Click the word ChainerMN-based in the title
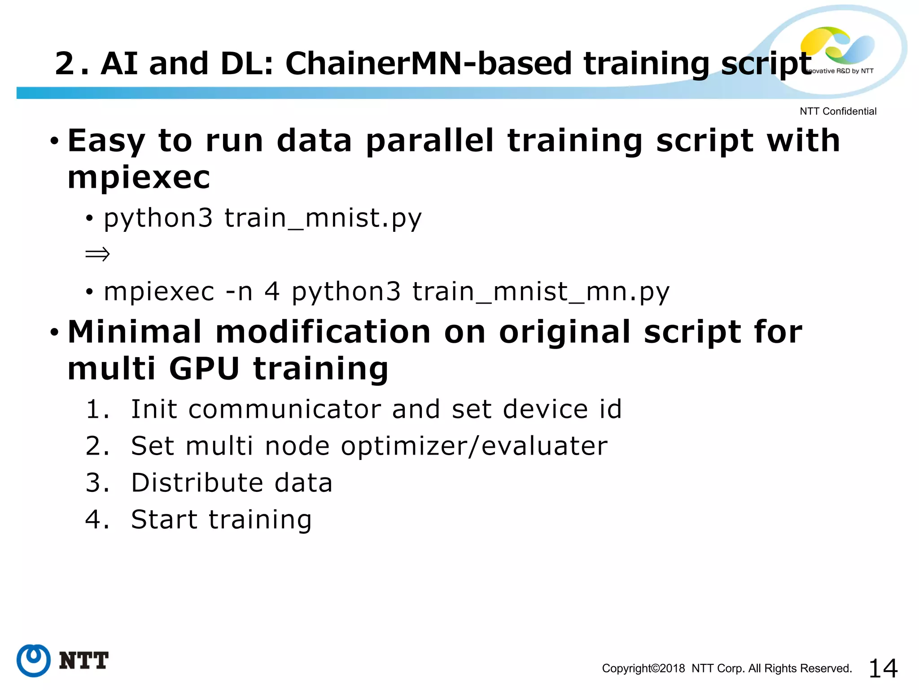click(x=429, y=63)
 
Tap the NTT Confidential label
click(x=838, y=111)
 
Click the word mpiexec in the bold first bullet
click(x=139, y=177)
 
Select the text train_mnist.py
click(x=323, y=218)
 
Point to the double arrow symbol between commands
click(x=97, y=255)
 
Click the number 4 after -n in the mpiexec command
click(x=272, y=292)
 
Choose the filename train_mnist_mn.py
click(x=541, y=292)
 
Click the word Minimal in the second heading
click(x=135, y=332)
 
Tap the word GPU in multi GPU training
click(x=204, y=369)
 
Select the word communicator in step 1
click(x=284, y=409)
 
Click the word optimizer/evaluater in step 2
click(x=474, y=446)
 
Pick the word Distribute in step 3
click(x=197, y=483)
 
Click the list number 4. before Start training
click(x=97, y=520)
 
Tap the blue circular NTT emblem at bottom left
click(x=34, y=660)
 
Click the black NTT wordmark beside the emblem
click(x=83, y=660)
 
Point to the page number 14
click(x=883, y=668)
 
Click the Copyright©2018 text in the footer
click(x=643, y=668)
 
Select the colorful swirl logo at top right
click(x=837, y=45)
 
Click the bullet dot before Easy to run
click(x=54, y=142)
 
